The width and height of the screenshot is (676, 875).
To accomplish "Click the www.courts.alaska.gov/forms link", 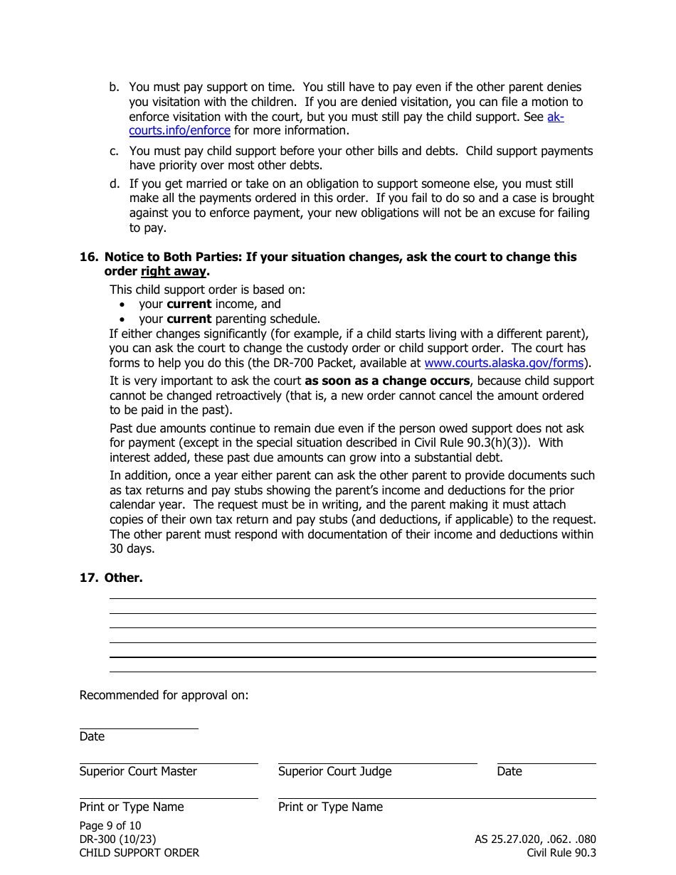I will [x=504, y=363].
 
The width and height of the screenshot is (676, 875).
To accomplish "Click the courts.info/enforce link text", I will [x=179, y=131].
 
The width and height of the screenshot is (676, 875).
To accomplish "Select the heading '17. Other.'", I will [x=111, y=578].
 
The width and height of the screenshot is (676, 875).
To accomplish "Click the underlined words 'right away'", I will [x=173, y=272].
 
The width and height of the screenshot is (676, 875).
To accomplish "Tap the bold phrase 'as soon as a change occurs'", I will [x=387, y=381].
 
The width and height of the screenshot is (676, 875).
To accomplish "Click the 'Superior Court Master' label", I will [x=138, y=771].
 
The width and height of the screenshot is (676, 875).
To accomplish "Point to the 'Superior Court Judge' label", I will [x=334, y=771].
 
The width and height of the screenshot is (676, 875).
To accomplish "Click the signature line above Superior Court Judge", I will [x=377, y=763].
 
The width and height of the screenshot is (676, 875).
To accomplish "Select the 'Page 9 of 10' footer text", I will [x=110, y=825].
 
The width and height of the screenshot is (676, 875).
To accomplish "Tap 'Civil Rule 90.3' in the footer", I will [x=561, y=852].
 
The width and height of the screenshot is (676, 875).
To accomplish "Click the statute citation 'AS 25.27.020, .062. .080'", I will [x=535, y=839].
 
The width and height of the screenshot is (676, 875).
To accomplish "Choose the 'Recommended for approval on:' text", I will [x=164, y=695].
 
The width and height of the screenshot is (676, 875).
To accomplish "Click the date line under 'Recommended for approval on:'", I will [x=139, y=728].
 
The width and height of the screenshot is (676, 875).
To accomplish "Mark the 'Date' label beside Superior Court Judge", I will [x=509, y=771].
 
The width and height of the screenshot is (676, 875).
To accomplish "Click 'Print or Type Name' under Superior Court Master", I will [x=132, y=807].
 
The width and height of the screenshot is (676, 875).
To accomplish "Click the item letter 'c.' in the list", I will [x=114, y=151].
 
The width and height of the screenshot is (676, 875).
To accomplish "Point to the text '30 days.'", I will [x=132, y=548].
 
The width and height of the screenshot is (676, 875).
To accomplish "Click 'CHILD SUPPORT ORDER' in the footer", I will [x=139, y=852].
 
